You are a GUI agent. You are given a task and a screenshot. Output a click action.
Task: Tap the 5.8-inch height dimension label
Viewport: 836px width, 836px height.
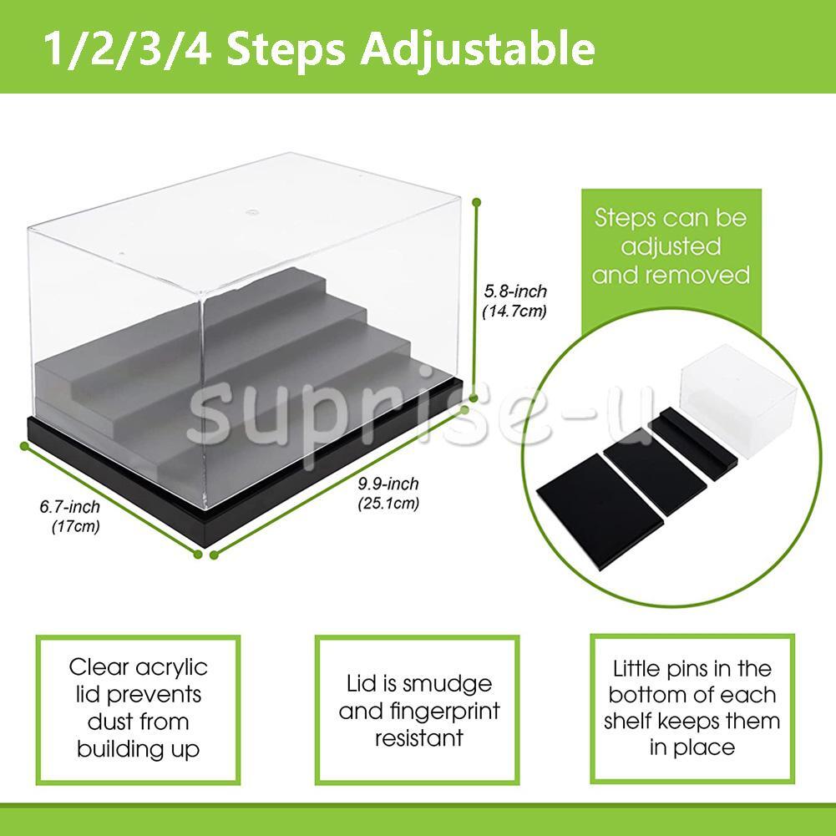point(515,291)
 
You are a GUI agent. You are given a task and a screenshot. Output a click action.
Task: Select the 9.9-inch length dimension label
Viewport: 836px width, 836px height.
point(388,484)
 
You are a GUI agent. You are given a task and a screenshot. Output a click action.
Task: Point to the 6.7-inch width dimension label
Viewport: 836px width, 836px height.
point(69,507)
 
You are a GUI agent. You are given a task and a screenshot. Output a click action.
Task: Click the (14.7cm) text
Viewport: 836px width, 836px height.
point(515,312)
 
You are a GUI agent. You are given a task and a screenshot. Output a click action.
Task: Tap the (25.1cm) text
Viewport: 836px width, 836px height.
point(388,504)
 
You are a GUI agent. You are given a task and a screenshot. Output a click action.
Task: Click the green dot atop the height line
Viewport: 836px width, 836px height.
point(478,200)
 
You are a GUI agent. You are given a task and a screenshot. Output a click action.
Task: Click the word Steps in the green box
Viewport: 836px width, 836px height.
point(626,219)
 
